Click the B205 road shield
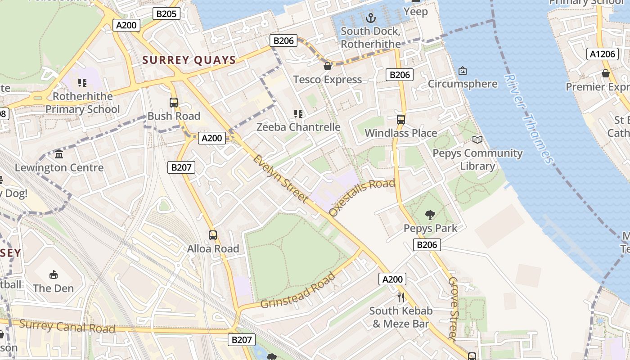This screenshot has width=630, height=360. click(166, 14)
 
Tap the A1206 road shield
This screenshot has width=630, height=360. click(602, 54)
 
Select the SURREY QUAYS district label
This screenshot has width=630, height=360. click(189, 60)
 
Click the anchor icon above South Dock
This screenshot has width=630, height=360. click(370, 18)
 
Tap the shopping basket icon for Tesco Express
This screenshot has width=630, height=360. click(328, 66)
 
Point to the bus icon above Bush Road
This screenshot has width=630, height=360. click(174, 103)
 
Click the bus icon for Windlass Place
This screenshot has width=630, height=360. click(400, 120)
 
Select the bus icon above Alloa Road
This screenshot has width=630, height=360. click(212, 235)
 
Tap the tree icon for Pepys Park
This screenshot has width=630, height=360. click(430, 215)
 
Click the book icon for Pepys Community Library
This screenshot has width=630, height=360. click(477, 140)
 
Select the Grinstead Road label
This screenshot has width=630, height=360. click(298, 291)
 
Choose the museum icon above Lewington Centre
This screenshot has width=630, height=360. click(59, 154)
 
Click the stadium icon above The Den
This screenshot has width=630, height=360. click(53, 274)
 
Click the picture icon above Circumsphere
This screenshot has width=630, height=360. click(462, 71)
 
